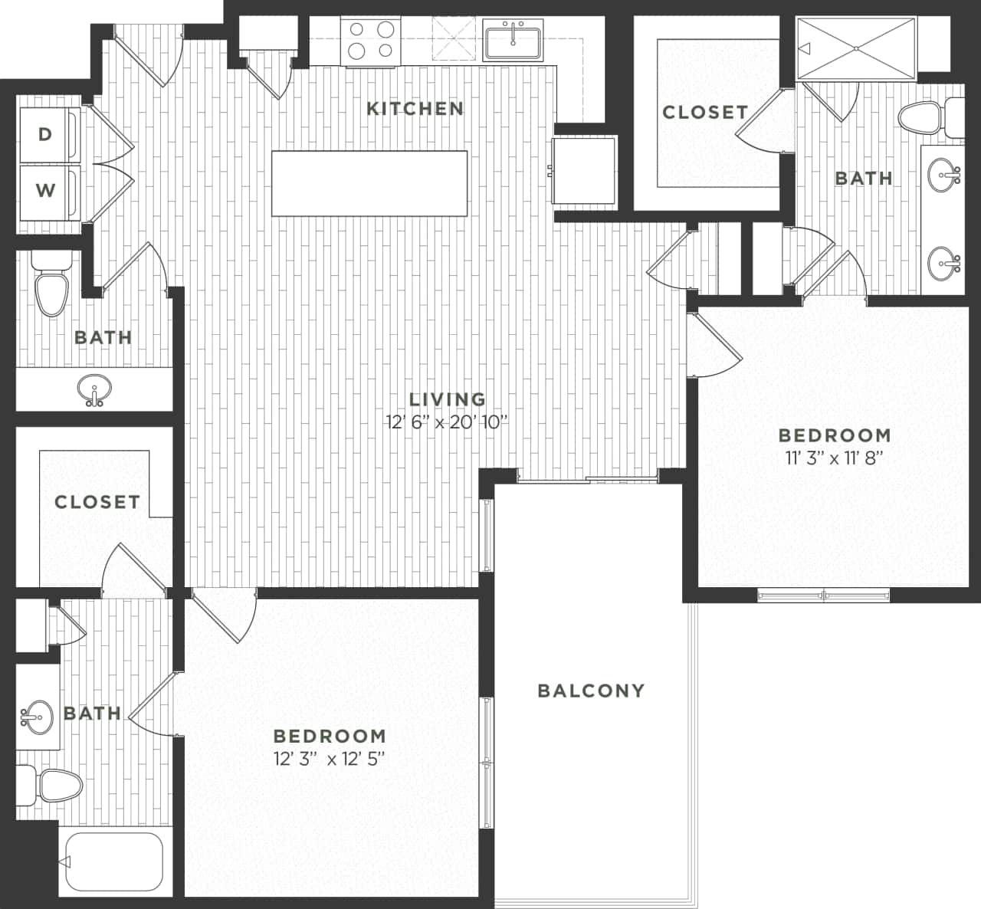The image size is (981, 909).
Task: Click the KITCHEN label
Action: (x=415, y=109)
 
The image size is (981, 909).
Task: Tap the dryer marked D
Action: (x=47, y=135)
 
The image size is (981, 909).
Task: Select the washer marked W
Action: (x=47, y=189)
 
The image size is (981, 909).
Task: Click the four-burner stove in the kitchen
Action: (x=370, y=40)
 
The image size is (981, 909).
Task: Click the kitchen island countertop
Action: (x=369, y=184)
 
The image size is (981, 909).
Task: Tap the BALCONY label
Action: (x=591, y=691)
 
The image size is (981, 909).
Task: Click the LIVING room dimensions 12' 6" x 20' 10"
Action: (x=448, y=422)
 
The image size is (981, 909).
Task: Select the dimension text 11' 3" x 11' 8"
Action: (x=835, y=458)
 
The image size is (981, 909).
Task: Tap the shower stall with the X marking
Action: (x=856, y=48)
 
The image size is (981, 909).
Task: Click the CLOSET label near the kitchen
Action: (x=705, y=113)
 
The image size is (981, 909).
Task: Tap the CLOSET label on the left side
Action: (x=97, y=502)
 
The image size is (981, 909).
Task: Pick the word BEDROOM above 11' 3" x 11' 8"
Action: (x=835, y=435)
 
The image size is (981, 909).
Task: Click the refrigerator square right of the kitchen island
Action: (x=585, y=170)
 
